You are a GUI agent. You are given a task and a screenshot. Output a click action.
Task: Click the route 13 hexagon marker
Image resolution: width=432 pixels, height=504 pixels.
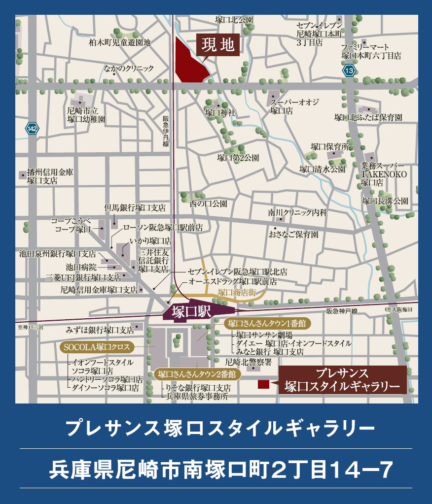pyautogui.click(x=349, y=71)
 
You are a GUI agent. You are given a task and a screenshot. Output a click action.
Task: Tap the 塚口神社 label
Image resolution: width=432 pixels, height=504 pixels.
pyautogui.click(x=220, y=113)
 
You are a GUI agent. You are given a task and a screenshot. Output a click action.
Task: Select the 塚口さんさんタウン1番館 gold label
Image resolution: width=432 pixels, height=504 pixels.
pyautogui.click(x=266, y=324)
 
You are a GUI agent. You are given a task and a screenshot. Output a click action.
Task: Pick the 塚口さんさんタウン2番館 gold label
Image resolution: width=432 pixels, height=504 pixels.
pyautogui.click(x=197, y=374)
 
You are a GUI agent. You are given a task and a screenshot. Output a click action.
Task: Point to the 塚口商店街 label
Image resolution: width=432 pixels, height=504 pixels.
pyautogui.click(x=238, y=293)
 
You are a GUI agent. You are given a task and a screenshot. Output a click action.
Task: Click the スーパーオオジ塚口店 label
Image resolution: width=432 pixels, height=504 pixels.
pyautogui.click(x=294, y=106)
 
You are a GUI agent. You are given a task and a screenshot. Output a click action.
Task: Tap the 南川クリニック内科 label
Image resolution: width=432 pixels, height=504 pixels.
pyautogui.click(x=297, y=213)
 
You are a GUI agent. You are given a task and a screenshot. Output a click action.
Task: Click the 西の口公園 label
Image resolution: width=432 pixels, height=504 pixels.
pyautogui.click(x=209, y=202)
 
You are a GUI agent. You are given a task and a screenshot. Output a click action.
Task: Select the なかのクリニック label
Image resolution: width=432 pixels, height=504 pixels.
pyautogui.click(x=129, y=69)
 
